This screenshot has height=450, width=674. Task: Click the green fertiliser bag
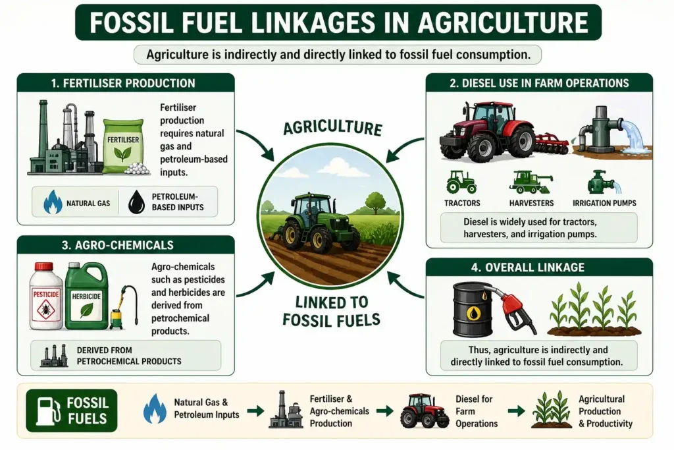pos(123,146)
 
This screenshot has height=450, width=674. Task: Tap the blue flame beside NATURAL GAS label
pos(53,202)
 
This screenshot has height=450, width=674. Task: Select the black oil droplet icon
pos(137,202)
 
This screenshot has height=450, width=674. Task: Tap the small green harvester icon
pos(531,183)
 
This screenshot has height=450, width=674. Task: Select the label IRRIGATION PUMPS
pos(604,203)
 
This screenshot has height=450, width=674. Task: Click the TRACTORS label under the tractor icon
pos(462,203)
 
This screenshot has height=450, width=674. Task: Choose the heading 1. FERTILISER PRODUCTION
pos(123,83)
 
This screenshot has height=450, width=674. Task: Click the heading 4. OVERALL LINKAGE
pos(528,267)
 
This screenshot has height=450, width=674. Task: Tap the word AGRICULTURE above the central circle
pos(332,128)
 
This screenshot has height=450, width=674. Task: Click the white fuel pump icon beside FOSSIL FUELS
pos(47,410)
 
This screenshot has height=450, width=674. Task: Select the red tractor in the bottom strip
pos(425,411)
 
